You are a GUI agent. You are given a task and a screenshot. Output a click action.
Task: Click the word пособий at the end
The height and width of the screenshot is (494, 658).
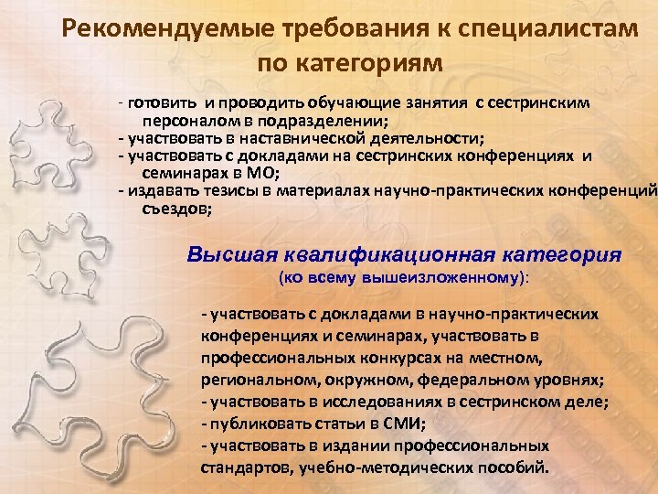coord(523,466)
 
